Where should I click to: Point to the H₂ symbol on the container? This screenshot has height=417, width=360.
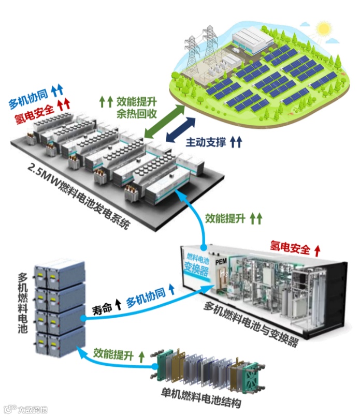[x=223, y=273]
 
